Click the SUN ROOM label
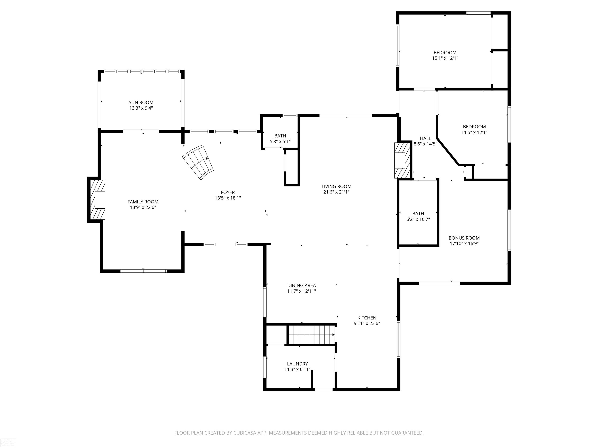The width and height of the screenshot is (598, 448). point(141,103)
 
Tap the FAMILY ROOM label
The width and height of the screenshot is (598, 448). point(143,202)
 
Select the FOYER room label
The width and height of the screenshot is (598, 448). point(228,192)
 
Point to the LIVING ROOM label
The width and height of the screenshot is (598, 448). point(336,186)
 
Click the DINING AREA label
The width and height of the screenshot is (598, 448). point(301,285)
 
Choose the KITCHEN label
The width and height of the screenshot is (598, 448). point(367,318)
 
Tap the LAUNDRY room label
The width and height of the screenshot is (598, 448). point(297,364)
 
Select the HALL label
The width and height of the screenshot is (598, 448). point(425,138)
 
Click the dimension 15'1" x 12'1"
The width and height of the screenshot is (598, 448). point(445,58)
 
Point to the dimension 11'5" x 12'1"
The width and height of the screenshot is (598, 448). point(474,132)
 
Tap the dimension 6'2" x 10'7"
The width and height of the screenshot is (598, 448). point(418,219)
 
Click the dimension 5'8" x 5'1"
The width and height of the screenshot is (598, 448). point(280,141)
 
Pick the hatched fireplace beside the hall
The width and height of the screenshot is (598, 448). point(402,160)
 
